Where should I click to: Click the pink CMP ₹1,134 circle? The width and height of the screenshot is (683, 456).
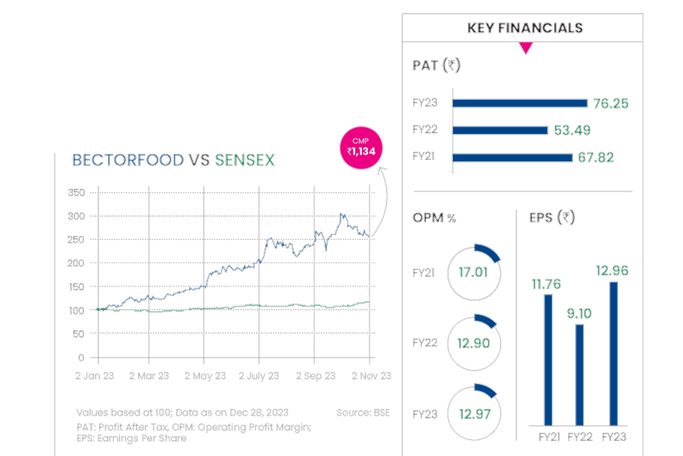click(x=361, y=148)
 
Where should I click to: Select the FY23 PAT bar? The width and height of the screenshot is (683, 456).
click(x=520, y=103)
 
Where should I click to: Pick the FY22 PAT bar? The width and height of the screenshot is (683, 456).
click(x=500, y=131)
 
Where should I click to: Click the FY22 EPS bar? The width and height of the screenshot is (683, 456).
click(x=580, y=374)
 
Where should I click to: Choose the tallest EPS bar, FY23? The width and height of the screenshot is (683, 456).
click(x=613, y=353)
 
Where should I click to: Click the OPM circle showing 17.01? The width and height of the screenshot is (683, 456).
click(x=473, y=272)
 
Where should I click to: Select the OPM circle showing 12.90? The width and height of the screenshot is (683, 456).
click(x=473, y=343)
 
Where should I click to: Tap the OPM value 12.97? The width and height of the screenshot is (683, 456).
click(x=473, y=414)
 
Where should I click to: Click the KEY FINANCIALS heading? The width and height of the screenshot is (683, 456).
click(x=525, y=28)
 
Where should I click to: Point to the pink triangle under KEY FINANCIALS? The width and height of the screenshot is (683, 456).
click(x=525, y=48)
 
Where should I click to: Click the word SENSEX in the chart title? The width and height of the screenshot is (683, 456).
click(x=245, y=161)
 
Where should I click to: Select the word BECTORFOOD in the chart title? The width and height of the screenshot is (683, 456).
click(x=128, y=161)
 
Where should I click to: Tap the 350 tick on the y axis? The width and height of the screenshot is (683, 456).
click(x=76, y=193)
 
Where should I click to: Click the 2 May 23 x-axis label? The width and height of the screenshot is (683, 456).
click(x=204, y=376)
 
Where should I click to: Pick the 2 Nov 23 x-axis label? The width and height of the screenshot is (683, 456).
click(x=371, y=376)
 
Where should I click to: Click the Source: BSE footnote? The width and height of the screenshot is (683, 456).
click(x=363, y=413)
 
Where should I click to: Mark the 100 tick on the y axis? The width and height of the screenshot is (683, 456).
click(x=76, y=310)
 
